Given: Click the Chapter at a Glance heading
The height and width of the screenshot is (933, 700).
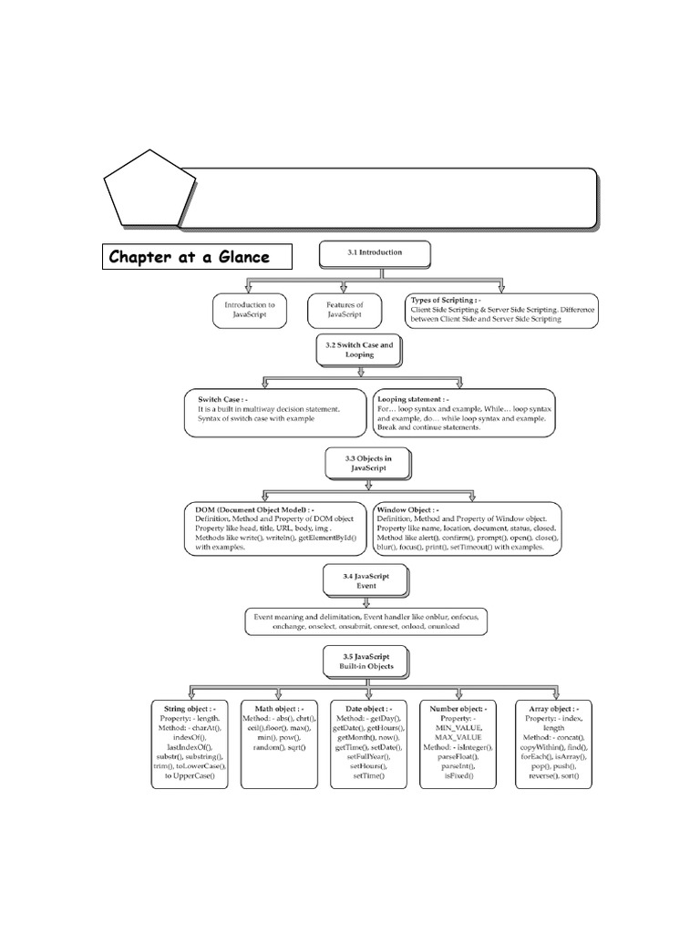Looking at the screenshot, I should (198, 257).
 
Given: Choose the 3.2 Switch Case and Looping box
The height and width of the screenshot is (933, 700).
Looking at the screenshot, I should (359, 351).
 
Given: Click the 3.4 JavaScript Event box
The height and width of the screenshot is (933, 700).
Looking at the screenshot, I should (358, 580).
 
